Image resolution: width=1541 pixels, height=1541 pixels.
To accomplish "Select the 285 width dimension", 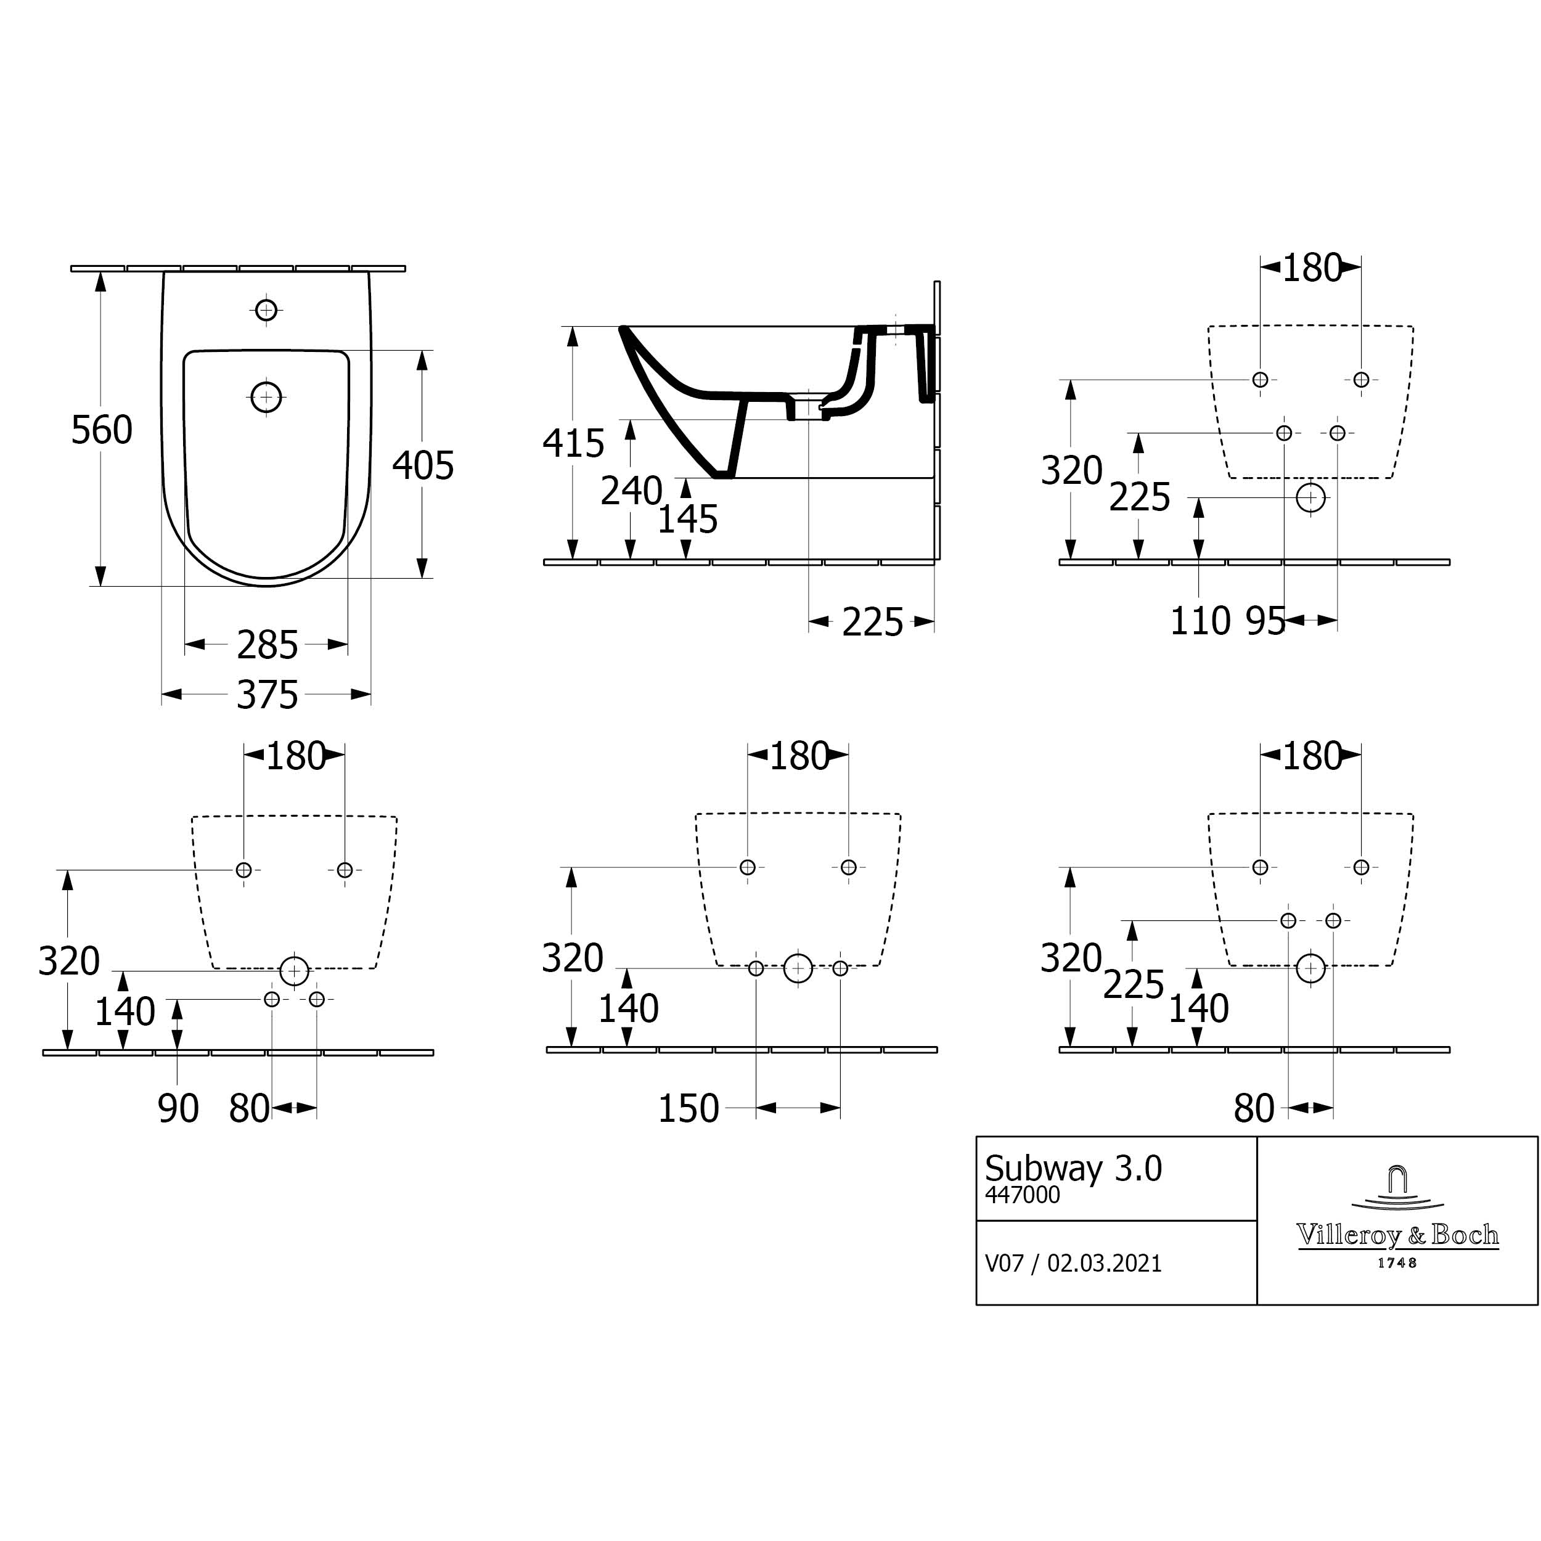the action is [267, 645].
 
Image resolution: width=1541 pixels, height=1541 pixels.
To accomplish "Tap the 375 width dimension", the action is [267, 695].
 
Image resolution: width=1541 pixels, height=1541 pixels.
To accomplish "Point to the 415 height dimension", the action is [573, 443].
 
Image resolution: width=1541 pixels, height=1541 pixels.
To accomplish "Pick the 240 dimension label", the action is [632, 491].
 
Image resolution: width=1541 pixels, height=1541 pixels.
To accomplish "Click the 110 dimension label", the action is [1200, 621].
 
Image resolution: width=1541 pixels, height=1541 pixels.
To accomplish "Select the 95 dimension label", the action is [1266, 621].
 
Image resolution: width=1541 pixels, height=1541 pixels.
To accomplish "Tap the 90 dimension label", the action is [179, 1110].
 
